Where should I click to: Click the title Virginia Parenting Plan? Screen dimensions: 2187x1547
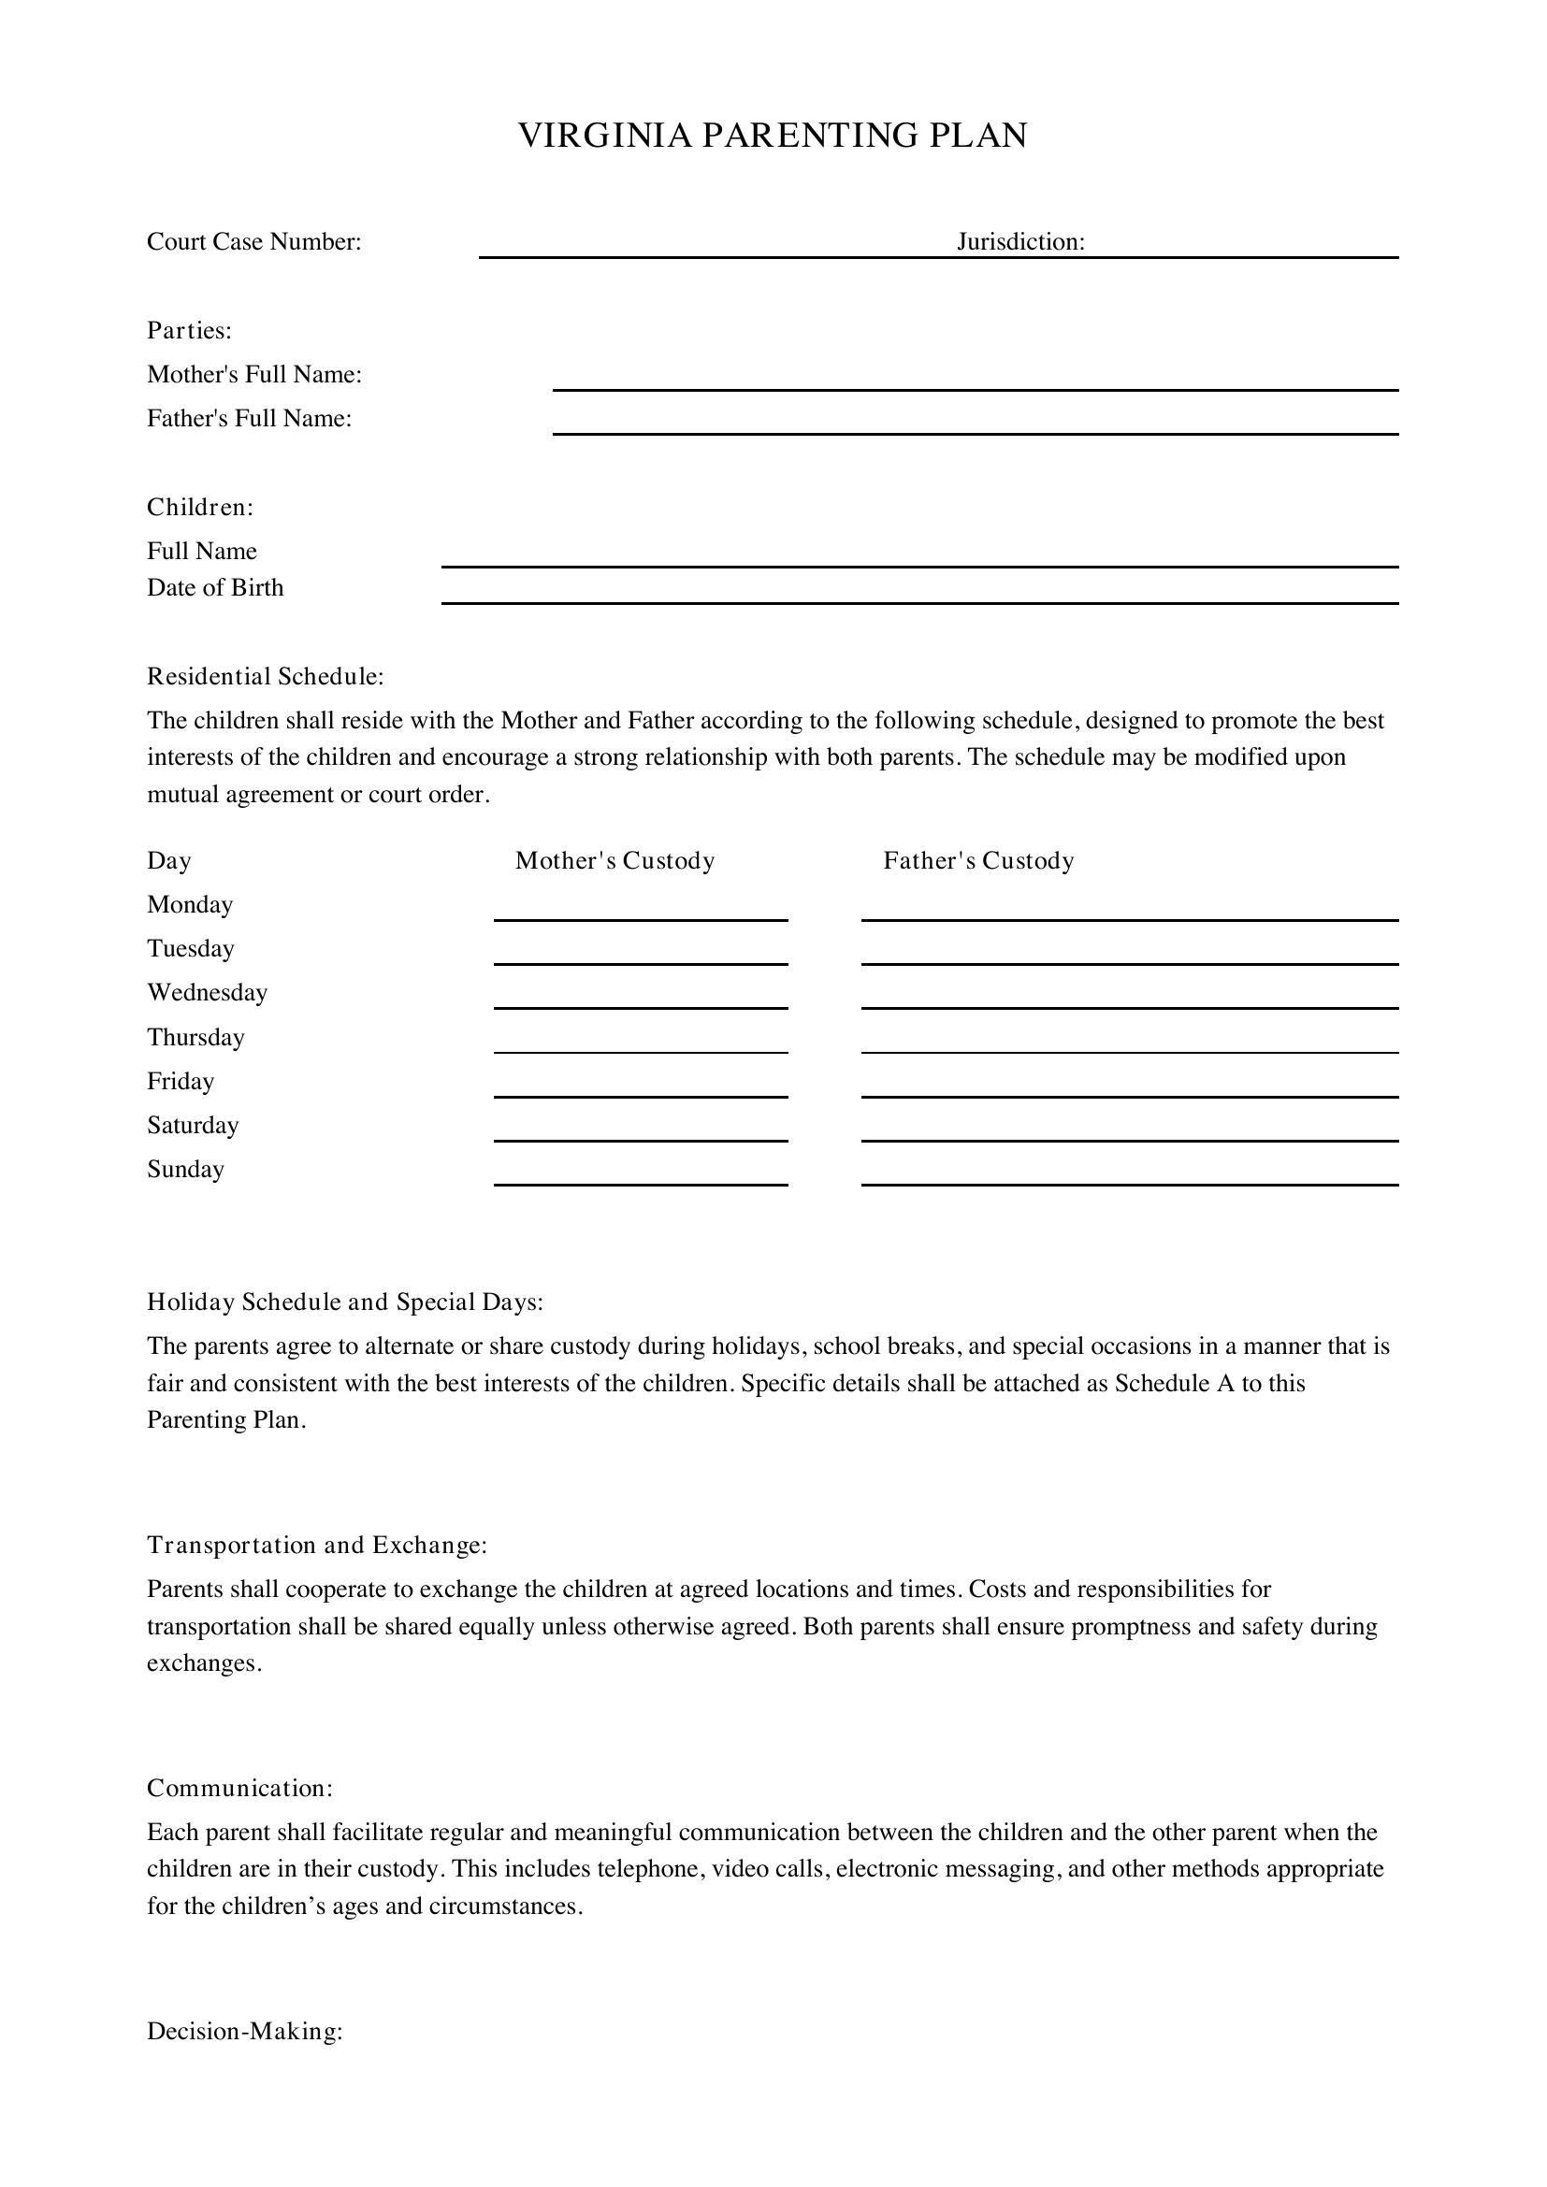(773, 136)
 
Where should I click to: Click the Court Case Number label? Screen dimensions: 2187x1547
(254, 242)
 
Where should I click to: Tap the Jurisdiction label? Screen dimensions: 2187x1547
(1020, 242)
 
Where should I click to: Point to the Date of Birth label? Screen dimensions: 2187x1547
(215, 588)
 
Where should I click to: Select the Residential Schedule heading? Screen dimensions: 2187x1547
(265, 676)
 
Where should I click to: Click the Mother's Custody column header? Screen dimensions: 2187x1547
(614, 861)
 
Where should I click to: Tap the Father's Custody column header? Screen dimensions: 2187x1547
(978, 861)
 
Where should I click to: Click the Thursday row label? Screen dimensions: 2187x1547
(195, 1037)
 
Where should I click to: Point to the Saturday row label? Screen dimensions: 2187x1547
(193, 1126)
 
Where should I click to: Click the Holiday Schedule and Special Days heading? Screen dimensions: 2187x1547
(345, 1302)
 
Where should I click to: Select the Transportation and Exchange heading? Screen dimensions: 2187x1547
(316, 1545)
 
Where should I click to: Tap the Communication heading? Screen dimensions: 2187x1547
(240, 1788)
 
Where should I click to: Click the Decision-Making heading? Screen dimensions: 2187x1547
(245, 2032)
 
